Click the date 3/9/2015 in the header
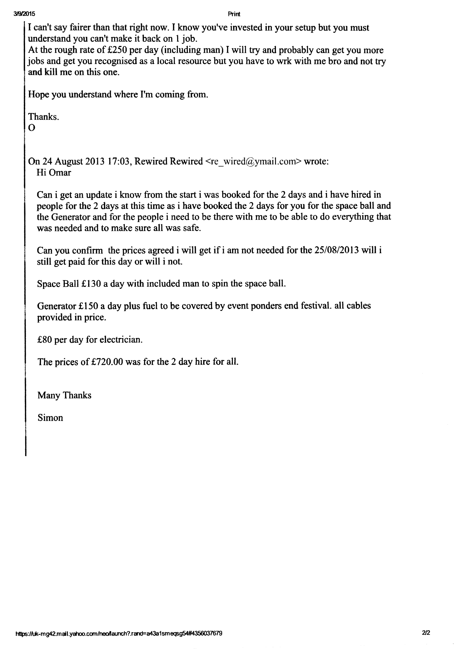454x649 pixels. [24, 14]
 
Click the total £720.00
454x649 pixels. [107, 362]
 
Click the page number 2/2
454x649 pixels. [426, 625]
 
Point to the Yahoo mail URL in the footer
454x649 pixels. [119, 625]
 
